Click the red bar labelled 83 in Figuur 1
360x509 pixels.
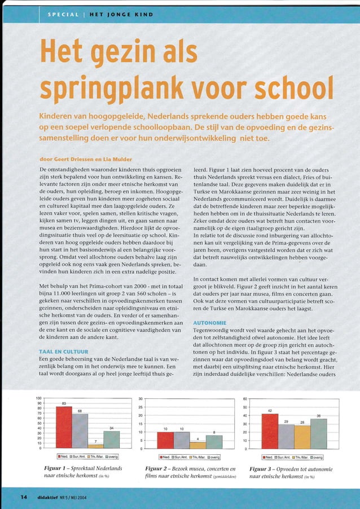64,427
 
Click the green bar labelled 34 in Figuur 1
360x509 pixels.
112,439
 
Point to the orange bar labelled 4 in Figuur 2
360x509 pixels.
197,445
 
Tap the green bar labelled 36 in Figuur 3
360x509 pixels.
319,433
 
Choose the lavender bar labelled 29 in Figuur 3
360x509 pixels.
287,436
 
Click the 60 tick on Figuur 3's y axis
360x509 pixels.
245,400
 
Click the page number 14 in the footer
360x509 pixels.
24,497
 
